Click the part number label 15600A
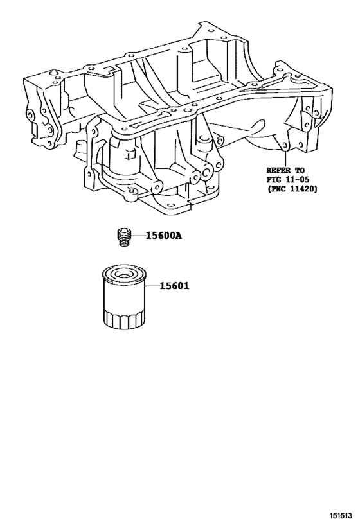click(x=163, y=236)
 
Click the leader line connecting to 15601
click(x=147, y=287)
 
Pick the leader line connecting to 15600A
click(x=137, y=236)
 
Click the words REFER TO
click(x=287, y=171)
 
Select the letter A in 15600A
click(x=179, y=236)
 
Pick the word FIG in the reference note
click(x=274, y=180)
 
